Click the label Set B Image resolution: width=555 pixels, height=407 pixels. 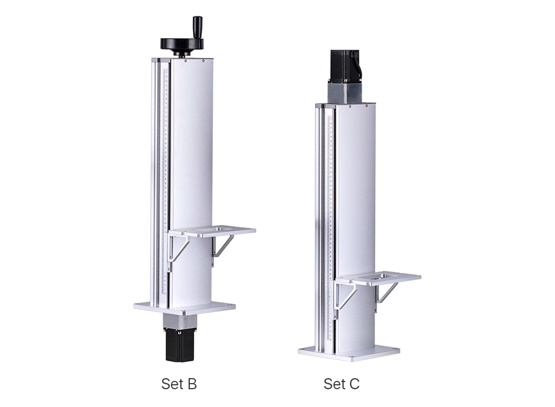click(179, 384)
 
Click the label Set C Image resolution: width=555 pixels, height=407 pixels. click(341, 384)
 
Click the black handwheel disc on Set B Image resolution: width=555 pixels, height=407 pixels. click(182, 44)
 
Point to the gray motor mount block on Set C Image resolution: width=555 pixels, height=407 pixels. click(345, 93)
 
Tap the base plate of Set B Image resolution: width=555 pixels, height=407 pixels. click(184, 308)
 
